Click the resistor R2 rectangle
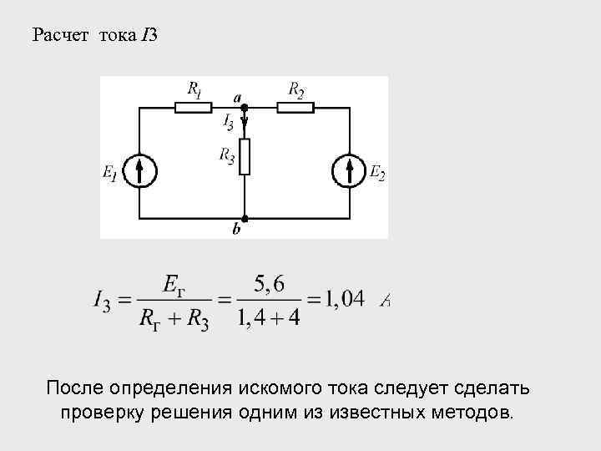(295, 106)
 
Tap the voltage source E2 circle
(349, 171)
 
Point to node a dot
(245, 106)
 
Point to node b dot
(245, 218)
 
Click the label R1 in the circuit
(194, 89)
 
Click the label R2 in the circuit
(296, 89)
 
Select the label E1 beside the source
(110, 173)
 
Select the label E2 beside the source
(377, 173)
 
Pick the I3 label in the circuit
(228, 123)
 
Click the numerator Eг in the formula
(174, 285)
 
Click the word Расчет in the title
(61, 35)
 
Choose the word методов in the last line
(471, 413)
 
